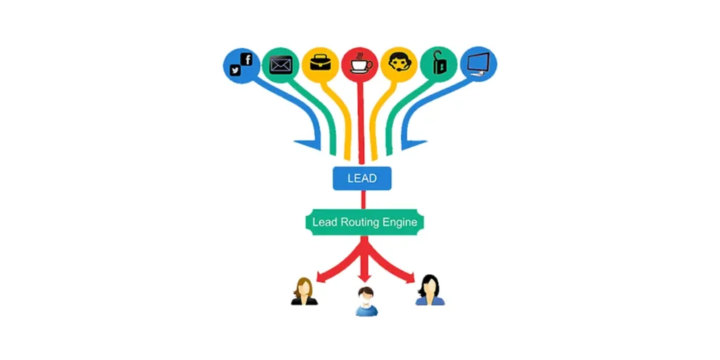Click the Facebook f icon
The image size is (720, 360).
click(246, 60)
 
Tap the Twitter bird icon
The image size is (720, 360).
click(235, 70)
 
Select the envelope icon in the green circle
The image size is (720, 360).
click(281, 65)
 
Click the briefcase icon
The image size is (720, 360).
click(320, 63)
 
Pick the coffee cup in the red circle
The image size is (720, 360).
click(360, 64)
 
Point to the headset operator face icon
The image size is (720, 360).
click(399, 63)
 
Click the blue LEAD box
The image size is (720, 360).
click(361, 178)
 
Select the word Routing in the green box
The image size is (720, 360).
click(360, 222)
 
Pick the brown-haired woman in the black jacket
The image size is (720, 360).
click(304, 291)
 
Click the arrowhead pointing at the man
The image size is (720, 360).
click(364, 278)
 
